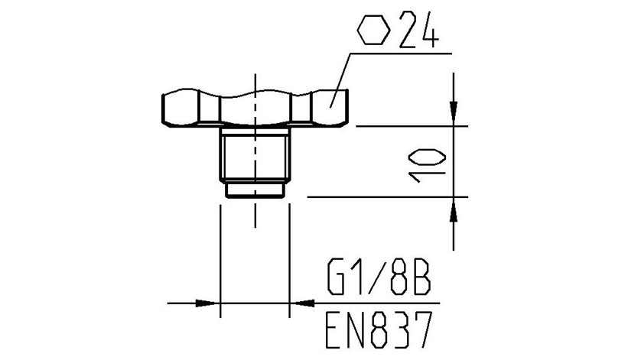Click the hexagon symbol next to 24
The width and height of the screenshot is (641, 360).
[373, 30]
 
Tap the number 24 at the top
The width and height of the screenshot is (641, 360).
[419, 29]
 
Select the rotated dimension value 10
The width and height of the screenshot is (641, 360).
[427, 164]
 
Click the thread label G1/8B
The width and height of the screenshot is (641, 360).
[379, 279]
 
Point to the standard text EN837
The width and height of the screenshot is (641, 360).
[379, 329]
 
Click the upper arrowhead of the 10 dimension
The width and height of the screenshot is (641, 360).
[454, 112]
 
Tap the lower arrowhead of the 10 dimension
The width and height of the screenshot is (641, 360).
[454, 210]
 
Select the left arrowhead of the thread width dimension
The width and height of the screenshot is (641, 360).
[207, 303]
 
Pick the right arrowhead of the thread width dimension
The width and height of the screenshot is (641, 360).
[302, 303]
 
